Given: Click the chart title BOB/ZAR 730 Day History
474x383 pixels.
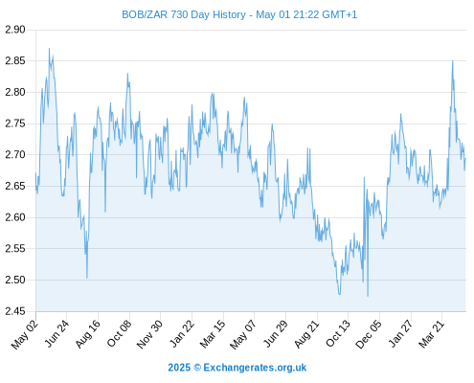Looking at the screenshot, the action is pos(184,14).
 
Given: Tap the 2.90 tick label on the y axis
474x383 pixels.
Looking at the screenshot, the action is pos(15,30).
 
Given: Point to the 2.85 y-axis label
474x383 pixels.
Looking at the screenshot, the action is pos(15,60).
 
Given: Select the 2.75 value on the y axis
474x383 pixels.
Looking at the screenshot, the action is pos(15,124).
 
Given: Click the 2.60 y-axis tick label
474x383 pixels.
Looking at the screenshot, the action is pos(15,217).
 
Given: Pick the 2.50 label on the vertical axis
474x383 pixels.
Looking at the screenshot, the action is pos(15,280).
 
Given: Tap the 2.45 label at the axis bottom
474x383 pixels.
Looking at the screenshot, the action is pos(15,311).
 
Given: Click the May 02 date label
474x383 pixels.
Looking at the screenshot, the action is pos(25,334).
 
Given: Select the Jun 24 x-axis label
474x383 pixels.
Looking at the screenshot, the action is pos(56,333).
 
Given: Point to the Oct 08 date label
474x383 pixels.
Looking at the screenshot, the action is pos(119,333).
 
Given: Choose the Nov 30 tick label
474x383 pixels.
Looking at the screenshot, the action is pos(149,334).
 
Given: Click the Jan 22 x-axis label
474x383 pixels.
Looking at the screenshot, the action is pos(181,333).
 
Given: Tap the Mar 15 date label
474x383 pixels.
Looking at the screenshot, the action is pos(213,334).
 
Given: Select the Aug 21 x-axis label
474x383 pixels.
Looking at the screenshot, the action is pos(306,334).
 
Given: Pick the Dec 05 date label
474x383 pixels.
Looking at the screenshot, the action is pos(369,334).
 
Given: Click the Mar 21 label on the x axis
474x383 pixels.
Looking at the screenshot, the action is pos(431,333).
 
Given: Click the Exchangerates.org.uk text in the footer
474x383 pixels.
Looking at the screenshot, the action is pos(255,368).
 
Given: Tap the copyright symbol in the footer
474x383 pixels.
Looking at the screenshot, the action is pos(197,368).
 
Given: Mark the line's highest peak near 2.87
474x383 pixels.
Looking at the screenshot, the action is pos(49,49).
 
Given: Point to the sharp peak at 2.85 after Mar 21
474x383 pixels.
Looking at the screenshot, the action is pos(452,61).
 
